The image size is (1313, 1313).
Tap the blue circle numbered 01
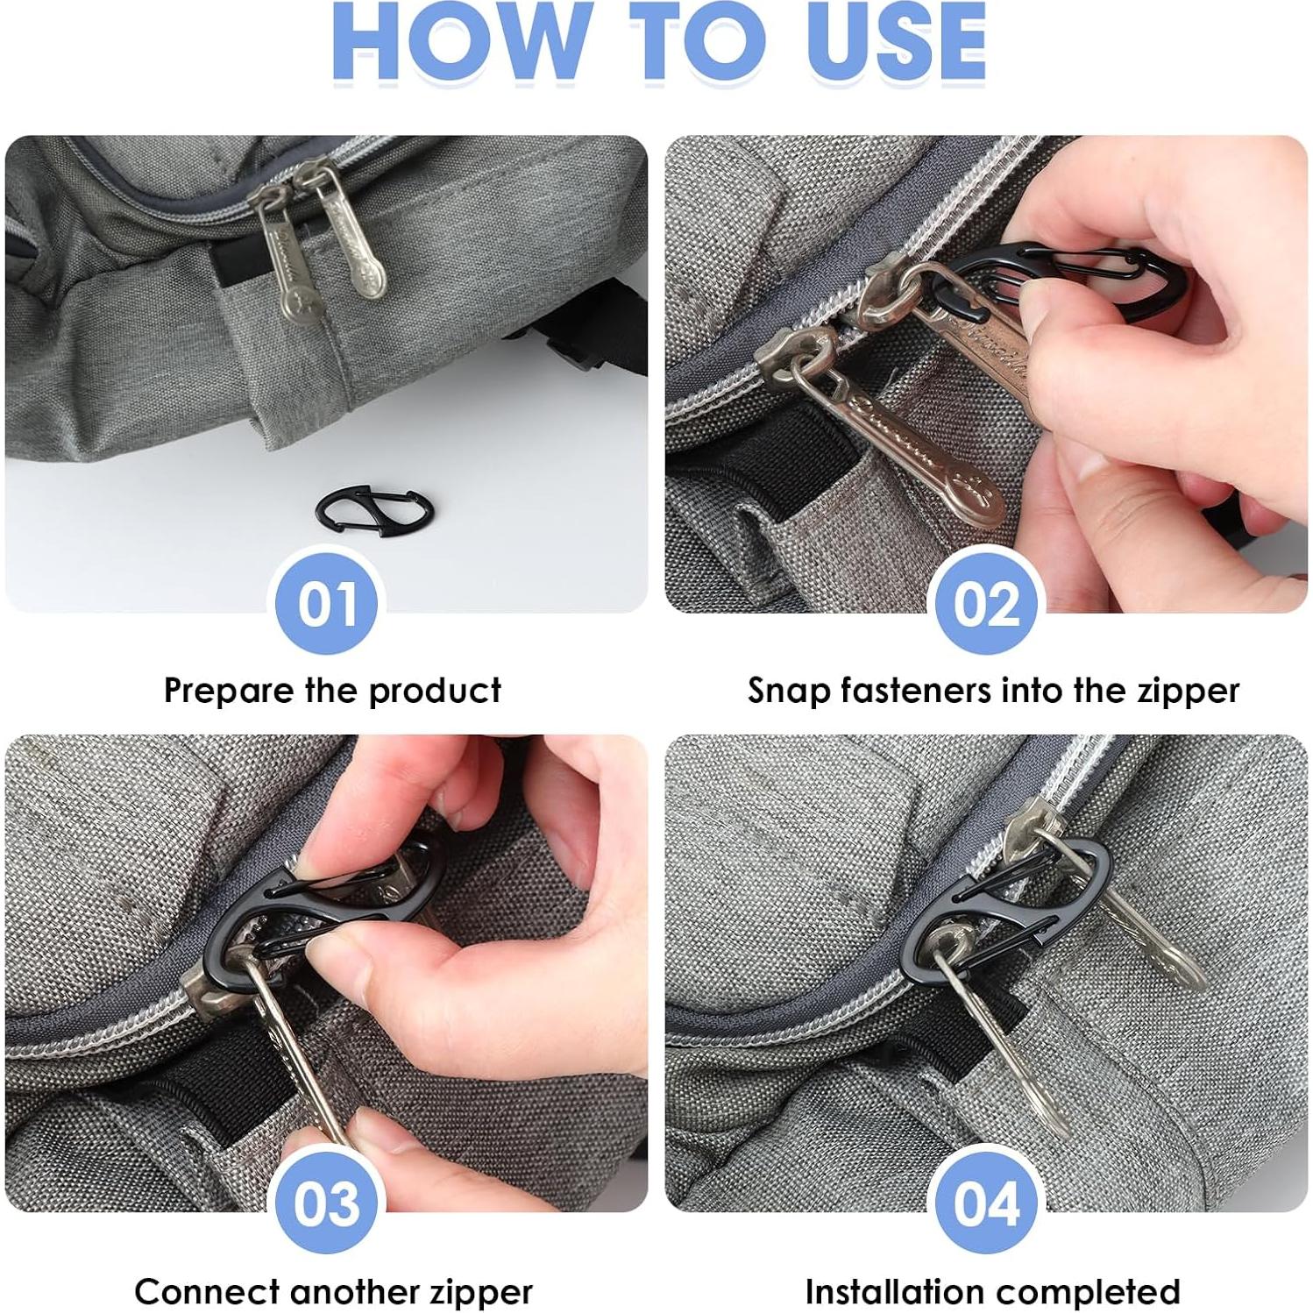(327, 603)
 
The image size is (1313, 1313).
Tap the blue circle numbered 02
(986, 603)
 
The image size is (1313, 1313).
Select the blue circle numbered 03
(327, 1203)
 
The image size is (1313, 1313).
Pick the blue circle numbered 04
(986, 1203)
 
